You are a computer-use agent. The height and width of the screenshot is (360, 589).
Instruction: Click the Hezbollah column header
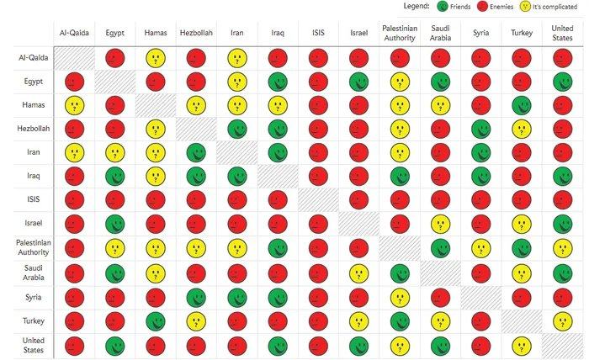[x=195, y=33]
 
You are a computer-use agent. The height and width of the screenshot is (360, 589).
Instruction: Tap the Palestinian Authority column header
[x=399, y=33]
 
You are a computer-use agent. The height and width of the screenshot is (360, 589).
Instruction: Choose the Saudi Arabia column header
[x=440, y=33]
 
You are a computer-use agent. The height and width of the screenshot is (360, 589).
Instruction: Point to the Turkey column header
[x=522, y=33]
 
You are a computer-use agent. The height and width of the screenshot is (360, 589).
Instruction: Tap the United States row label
[x=29, y=346]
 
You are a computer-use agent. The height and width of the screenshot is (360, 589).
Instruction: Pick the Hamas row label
[x=29, y=106]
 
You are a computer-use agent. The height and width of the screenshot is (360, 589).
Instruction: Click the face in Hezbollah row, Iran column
[x=236, y=130]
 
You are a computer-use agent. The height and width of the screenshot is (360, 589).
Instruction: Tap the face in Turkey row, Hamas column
[x=155, y=321]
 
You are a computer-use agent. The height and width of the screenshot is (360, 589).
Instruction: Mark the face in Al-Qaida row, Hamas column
[x=155, y=58]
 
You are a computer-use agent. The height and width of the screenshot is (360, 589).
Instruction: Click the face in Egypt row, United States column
[x=562, y=82]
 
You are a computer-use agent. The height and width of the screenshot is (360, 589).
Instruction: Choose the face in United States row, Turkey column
[x=522, y=346]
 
